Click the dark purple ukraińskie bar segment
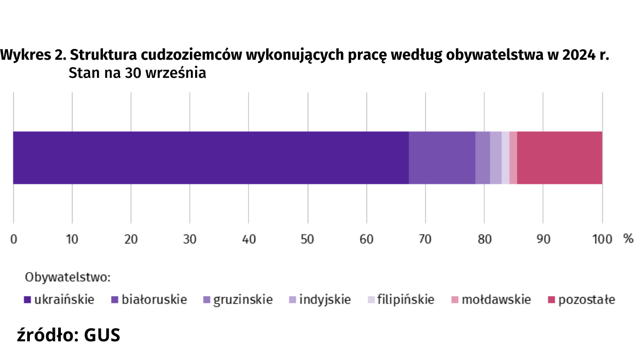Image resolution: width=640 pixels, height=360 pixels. pos(211,158)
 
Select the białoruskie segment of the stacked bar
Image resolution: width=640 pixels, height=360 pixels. pos(442,158)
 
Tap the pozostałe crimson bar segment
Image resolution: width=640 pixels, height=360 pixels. pos(559,158)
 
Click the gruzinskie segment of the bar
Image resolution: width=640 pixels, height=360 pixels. pos(482,158)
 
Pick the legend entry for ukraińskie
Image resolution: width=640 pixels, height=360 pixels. pos(59,300)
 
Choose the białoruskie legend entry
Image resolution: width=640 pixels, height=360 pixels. pos(149,300)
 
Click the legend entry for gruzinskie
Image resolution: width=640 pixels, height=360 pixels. pos(238,300)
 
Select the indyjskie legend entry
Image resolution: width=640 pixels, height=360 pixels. pos(319,300)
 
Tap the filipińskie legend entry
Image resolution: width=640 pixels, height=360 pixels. pos(401,300)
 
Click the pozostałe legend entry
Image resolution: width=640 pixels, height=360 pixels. pos(581,300)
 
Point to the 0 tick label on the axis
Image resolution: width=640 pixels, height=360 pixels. pos(13,239)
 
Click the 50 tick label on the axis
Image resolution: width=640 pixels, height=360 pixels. pos(307,239)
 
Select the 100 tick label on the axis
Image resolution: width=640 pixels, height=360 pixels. pos(602,239)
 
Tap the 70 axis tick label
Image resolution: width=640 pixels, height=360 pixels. pos(425,239)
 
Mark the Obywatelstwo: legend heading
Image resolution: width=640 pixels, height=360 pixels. pos(68,277)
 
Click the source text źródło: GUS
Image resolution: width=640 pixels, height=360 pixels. pos(69,335)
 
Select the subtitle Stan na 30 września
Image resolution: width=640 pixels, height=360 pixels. pos(137,74)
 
